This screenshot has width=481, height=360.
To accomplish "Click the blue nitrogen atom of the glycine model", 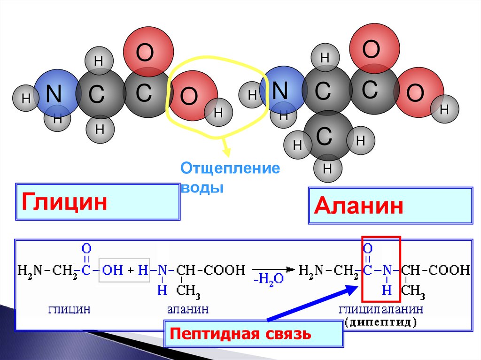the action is click(54, 94).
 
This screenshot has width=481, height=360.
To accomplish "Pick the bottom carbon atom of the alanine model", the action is click(325, 137).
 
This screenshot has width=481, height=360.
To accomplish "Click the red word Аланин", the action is click(359, 206).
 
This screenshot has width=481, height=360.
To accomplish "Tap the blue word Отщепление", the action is click(230, 169).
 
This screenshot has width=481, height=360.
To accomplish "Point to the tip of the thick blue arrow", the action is click(357, 287).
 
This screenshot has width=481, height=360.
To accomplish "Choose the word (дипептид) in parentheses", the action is click(380, 322).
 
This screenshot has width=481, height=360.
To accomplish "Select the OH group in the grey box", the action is click(112, 270).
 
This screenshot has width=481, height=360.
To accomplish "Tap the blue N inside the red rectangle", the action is click(387, 270).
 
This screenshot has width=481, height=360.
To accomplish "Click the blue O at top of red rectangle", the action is click(368, 247).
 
